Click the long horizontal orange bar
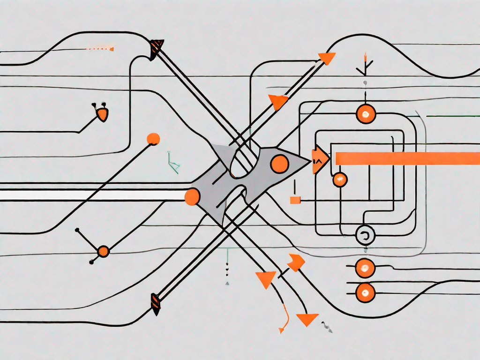point(408,158)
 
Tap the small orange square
point(295,200)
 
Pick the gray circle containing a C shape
point(366,235)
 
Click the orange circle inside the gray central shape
point(280,163)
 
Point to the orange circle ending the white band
point(192,197)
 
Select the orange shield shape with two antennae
point(102,114)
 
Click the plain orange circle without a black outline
point(153,139)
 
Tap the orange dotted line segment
point(101,48)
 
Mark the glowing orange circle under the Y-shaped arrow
point(366,114)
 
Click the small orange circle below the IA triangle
point(340,179)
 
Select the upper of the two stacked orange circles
point(364,268)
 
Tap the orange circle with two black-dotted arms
point(103,251)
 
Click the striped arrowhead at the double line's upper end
point(156,48)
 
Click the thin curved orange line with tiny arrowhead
point(284,319)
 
